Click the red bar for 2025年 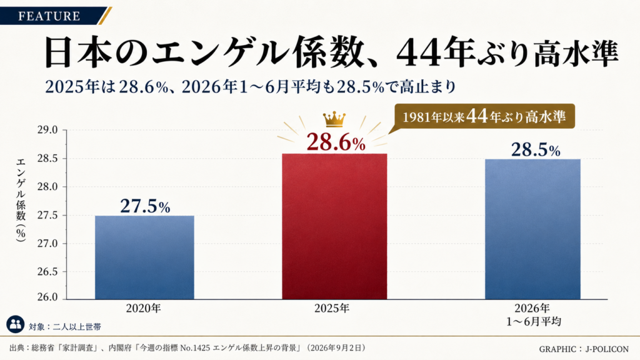(334, 226)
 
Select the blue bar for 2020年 (144, 257)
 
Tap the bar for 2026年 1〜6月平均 (532, 229)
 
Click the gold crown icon (334, 119)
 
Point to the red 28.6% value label (336, 142)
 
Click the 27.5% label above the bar (145, 206)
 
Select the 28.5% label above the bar (536, 150)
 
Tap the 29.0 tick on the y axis (47, 130)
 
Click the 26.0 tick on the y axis (47, 297)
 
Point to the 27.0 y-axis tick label (47, 244)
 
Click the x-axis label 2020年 (144, 308)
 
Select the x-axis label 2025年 (332, 308)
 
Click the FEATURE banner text (49, 16)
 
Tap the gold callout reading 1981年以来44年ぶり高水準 (484, 117)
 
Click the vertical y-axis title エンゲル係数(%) (21, 200)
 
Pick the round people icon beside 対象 (16, 324)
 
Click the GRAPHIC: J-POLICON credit (584, 349)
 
